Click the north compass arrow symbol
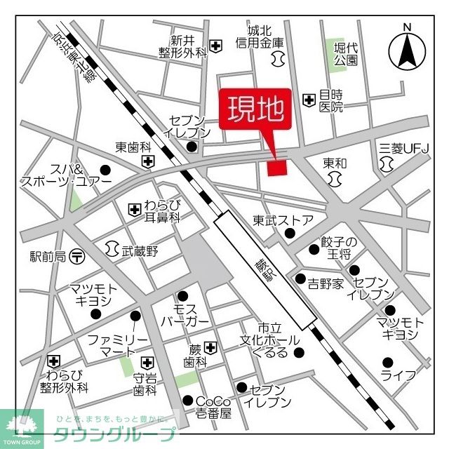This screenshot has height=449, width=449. pyautogui.click(x=406, y=49)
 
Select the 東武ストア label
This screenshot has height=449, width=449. pyautogui.click(x=283, y=220)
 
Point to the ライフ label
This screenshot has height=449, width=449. pyautogui.click(x=398, y=375)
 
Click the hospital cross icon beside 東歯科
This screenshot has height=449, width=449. pyautogui.click(x=148, y=162)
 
